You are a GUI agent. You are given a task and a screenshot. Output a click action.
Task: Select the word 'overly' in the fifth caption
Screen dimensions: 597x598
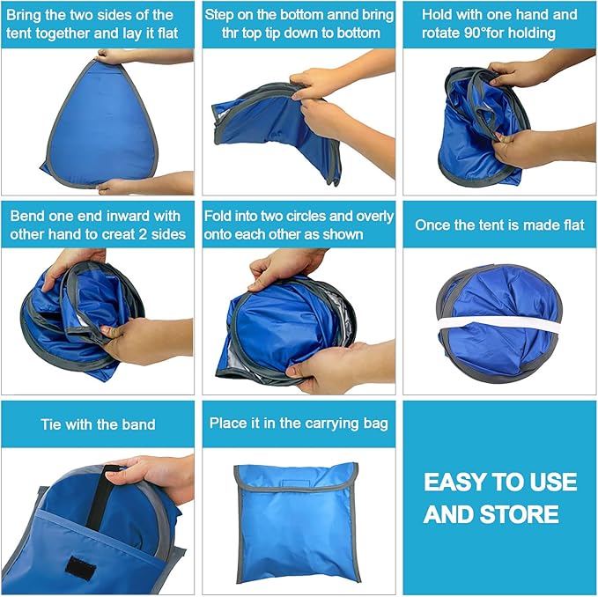[357, 216]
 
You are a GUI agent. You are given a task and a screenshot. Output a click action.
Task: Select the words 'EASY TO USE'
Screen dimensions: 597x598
[499, 483]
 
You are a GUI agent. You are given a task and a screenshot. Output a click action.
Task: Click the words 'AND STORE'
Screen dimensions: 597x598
[491, 514]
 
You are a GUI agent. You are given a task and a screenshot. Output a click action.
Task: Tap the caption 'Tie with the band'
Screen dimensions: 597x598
[98, 424]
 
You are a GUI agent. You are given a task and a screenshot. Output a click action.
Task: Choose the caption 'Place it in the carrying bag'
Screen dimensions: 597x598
[299, 424]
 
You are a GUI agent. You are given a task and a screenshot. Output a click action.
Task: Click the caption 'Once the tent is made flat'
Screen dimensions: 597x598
[499, 225]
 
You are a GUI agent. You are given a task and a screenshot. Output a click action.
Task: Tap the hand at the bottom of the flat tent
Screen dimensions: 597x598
[141, 184]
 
